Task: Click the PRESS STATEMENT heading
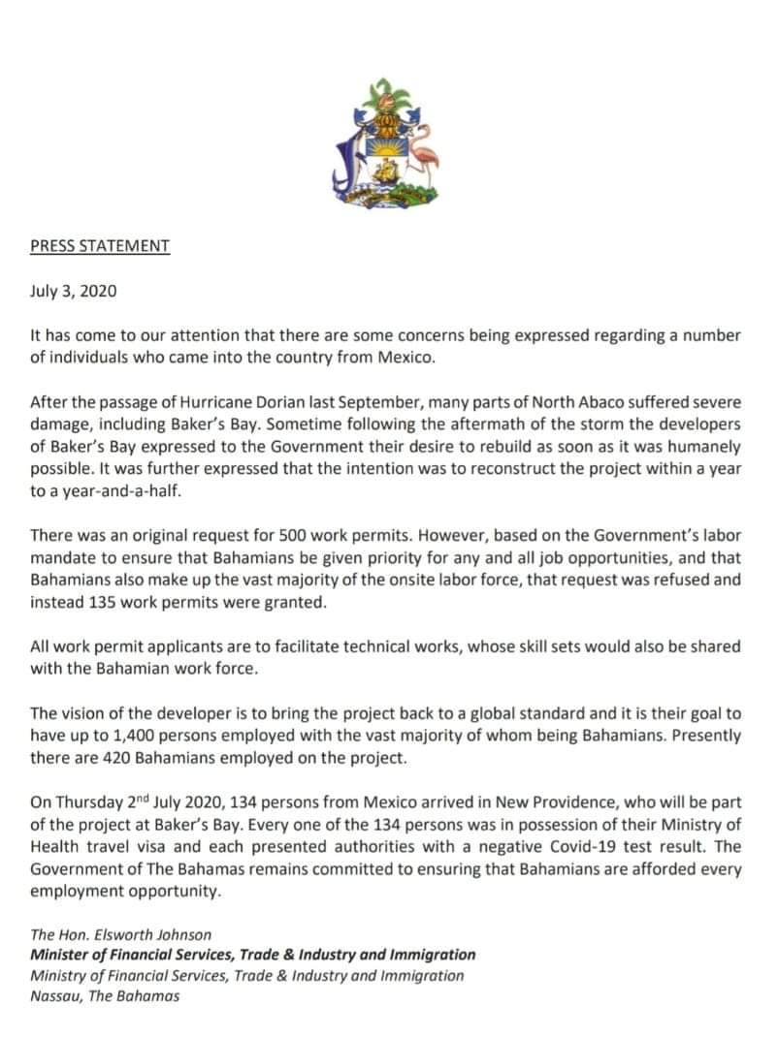[100, 246]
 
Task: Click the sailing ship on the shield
[386, 173]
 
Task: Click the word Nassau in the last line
[55, 996]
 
